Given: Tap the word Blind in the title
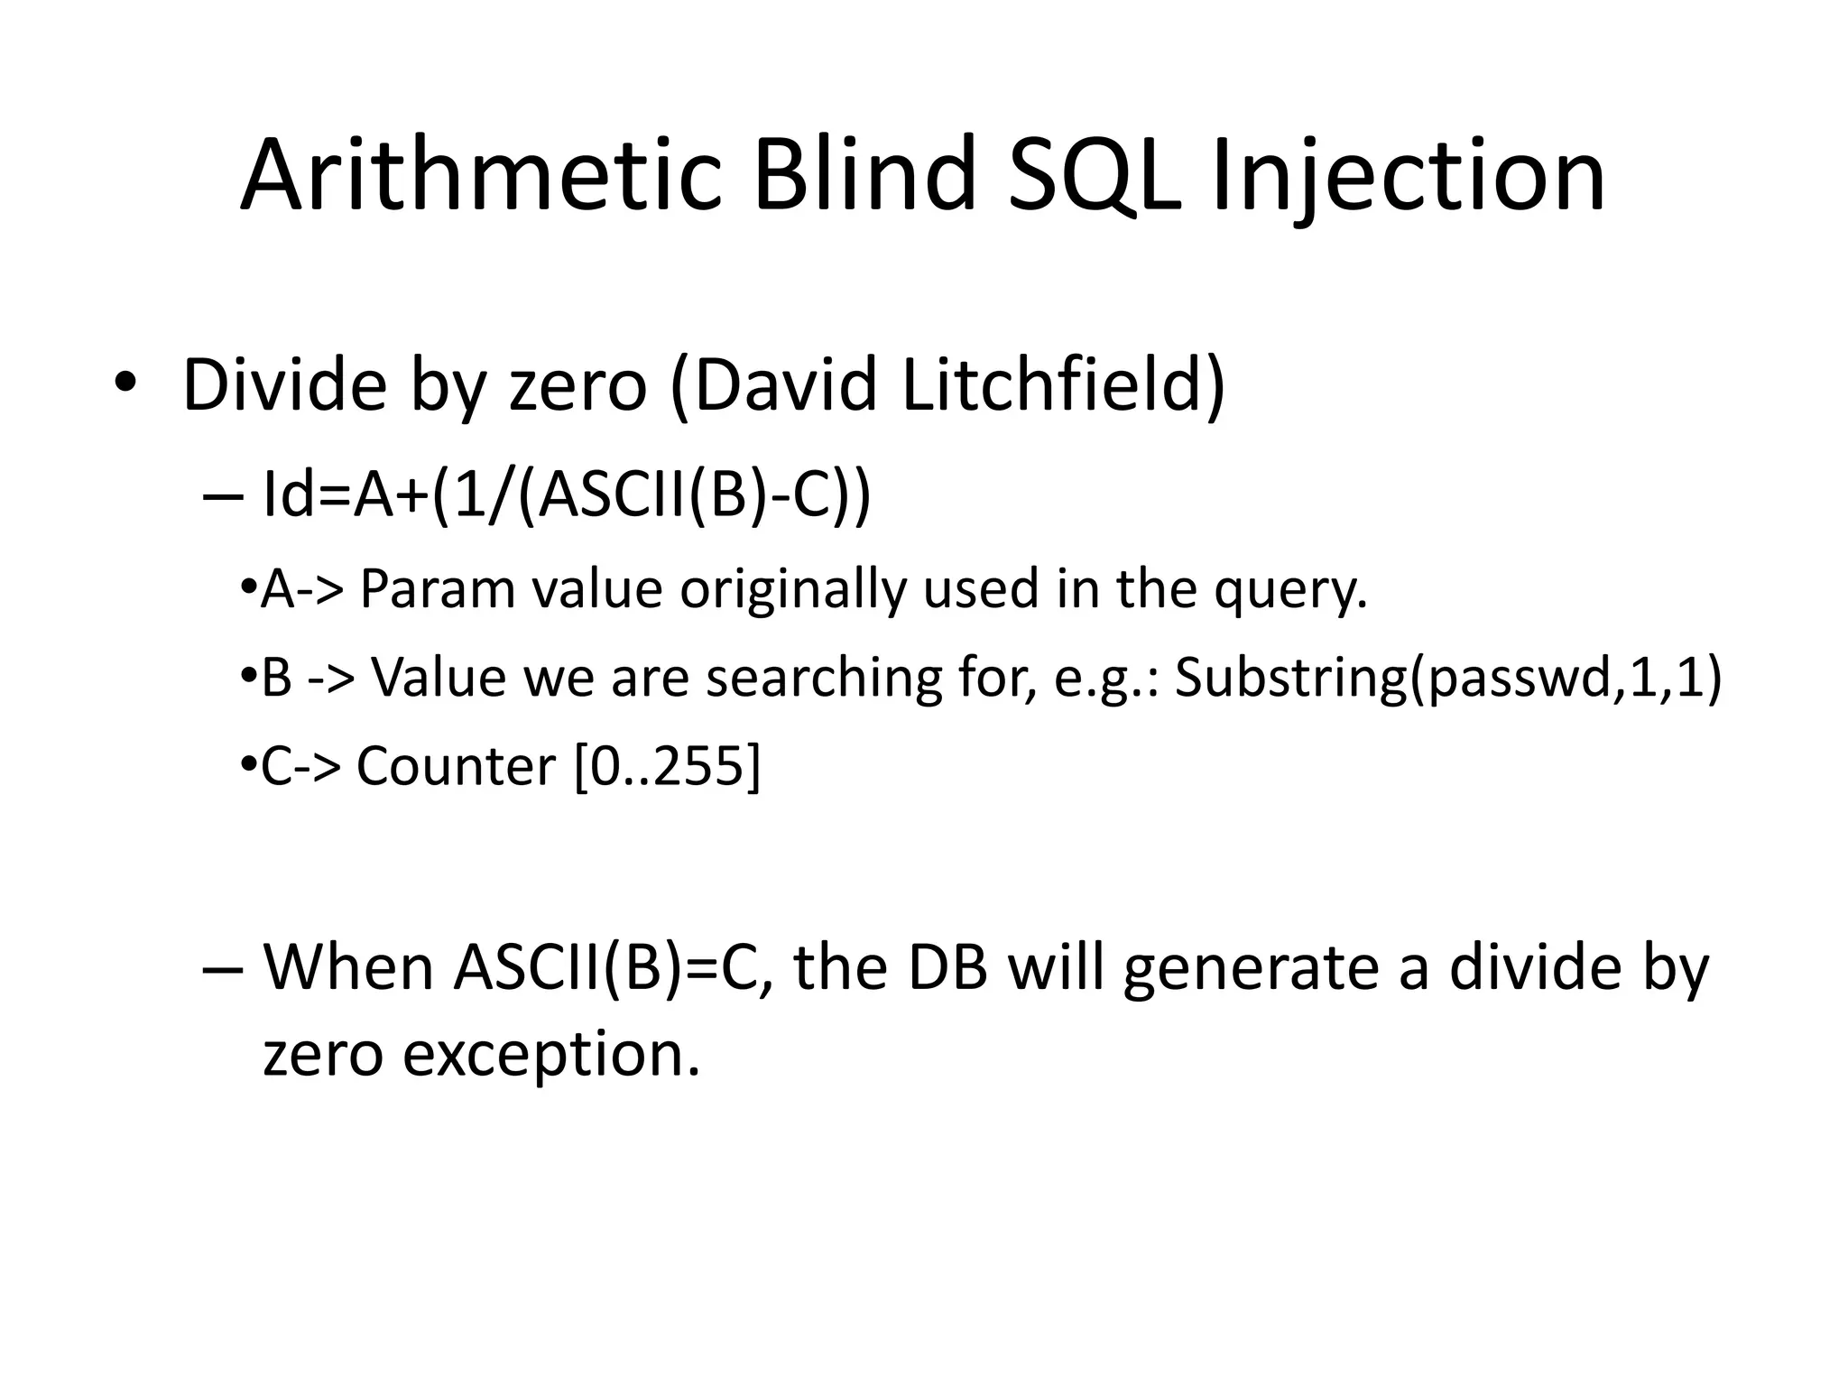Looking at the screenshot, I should pos(865,175).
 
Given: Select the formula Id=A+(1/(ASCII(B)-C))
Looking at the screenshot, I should pos(567,495).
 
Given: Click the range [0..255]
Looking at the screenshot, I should pos(667,767).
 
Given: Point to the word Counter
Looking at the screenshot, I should pos(456,767).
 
